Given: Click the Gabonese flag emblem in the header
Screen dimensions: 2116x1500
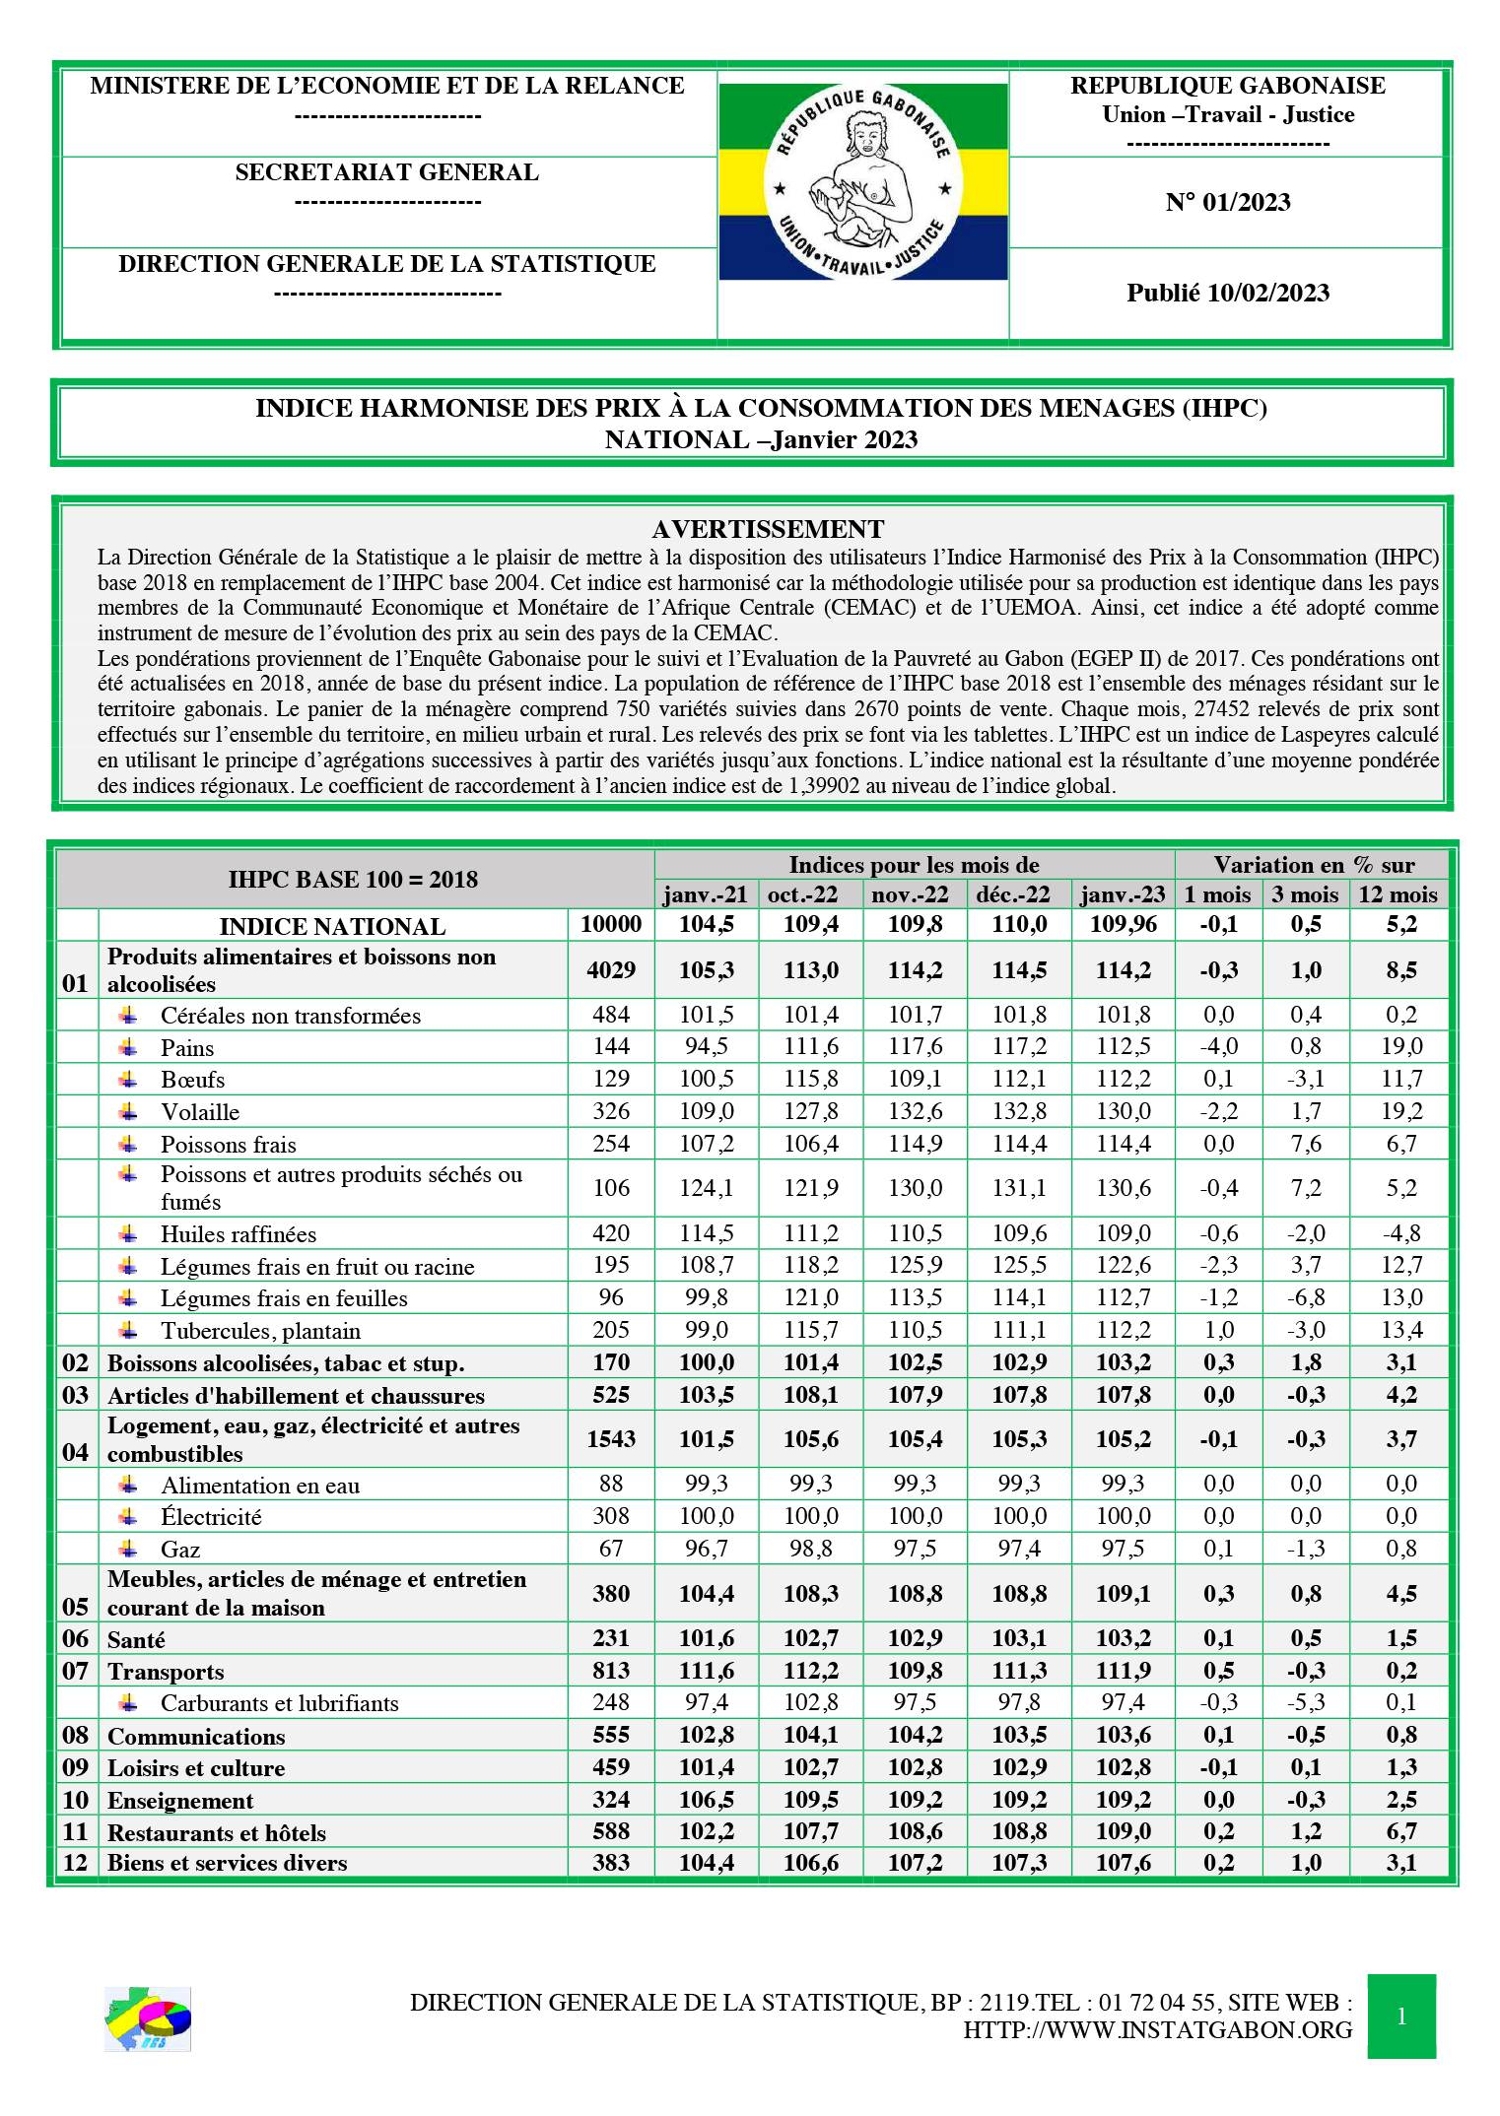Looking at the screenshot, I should click(x=862, y=181).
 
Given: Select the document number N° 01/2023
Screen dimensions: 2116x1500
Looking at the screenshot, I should click(x=1227, y=202).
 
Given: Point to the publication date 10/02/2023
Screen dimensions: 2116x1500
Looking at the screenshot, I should click(x=1227, y=293).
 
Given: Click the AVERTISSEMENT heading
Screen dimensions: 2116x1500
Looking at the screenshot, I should click(x=768, y=529).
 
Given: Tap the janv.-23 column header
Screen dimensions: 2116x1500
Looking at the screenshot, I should click(x=1123, y=894).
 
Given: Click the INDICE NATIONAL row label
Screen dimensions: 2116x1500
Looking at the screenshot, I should click(x=332, y=926).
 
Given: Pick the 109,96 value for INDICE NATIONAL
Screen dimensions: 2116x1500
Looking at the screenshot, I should click(x=1123, y=925).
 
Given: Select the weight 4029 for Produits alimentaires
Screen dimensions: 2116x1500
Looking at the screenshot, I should click(x=611, y=970).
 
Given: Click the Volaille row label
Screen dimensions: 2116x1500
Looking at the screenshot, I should click(x=200, y=1112).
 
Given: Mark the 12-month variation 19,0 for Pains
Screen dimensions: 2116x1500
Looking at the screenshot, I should click(x=1400, y=1046).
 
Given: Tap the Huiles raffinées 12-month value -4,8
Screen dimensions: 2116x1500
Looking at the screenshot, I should click(x=1400, y=1233).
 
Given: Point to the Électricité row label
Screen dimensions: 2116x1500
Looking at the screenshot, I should click(x=211, y=1517).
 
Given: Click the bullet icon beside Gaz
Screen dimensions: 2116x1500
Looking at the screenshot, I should click(x=128, y=1549).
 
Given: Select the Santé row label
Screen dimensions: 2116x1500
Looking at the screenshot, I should click(x=136, y=1640).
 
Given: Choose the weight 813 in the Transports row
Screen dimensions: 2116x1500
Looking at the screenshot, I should click(x=611, y=1671).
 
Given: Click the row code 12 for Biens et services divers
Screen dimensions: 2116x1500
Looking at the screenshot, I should click(x=76, y=1863).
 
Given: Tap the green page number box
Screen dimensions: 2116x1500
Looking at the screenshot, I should click(x=1400, y=2016).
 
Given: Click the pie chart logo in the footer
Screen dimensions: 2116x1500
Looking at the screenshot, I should click(x=148, y=2018).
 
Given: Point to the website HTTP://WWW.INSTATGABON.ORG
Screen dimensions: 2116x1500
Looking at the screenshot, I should click(x=1157, y=2030).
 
